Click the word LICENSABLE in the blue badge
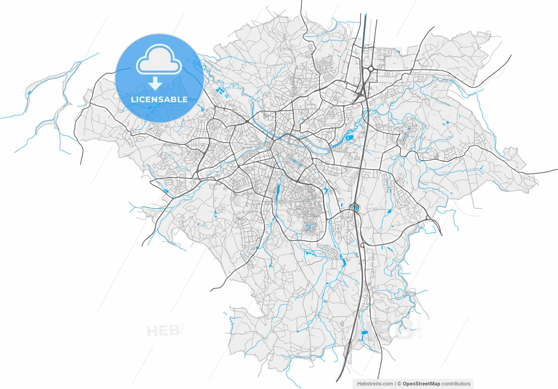(159, 100)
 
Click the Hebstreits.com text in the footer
(375, 384)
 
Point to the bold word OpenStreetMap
(421, 384)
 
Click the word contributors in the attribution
(456, 384)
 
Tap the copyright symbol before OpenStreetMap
(399, 384)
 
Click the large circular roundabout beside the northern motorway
(371, 69)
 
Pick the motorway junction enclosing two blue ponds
(354, 208)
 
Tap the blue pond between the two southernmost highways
(364, 333)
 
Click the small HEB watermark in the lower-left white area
(162, 331)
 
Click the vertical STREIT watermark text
(419, 328)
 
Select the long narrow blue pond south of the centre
(278, 191)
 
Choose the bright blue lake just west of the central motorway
(350, 139)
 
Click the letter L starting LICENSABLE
(133, 100)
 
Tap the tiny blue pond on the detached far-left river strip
(29, 92)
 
